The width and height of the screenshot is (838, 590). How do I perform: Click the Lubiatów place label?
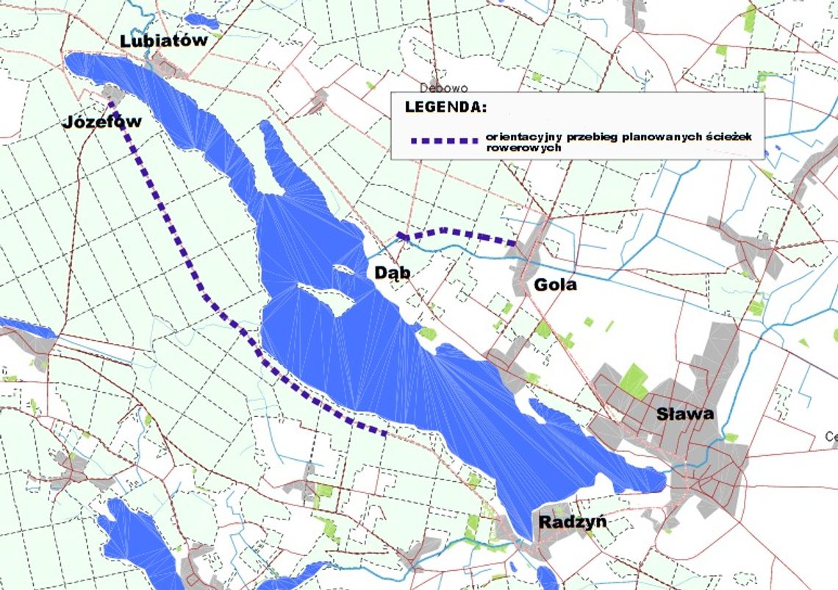163,41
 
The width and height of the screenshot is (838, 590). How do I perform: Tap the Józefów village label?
101,121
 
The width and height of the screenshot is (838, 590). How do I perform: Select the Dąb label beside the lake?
391,273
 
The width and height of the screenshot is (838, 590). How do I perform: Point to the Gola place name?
556,284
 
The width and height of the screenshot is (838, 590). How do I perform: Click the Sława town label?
684,413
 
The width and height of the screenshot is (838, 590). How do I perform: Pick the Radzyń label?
573,522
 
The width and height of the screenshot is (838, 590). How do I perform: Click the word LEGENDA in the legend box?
445,107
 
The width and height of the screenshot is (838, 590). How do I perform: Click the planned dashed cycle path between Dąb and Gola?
456,232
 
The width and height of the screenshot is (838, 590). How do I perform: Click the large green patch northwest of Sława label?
634,381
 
